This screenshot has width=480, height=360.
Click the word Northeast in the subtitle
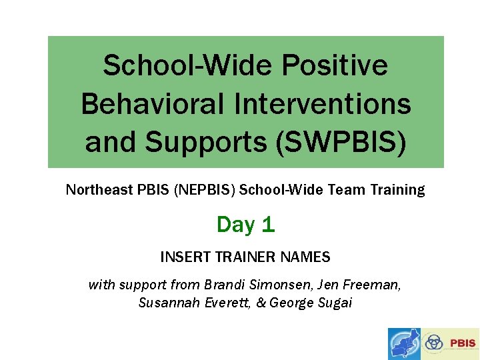pos(99,190)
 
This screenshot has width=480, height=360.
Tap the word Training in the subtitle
pos(397,190)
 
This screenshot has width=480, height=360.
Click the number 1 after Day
pos(268,225)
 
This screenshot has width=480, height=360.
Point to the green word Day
pos(235,225)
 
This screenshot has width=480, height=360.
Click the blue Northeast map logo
pos(405,344)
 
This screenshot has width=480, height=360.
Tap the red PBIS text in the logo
pos(463,344)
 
